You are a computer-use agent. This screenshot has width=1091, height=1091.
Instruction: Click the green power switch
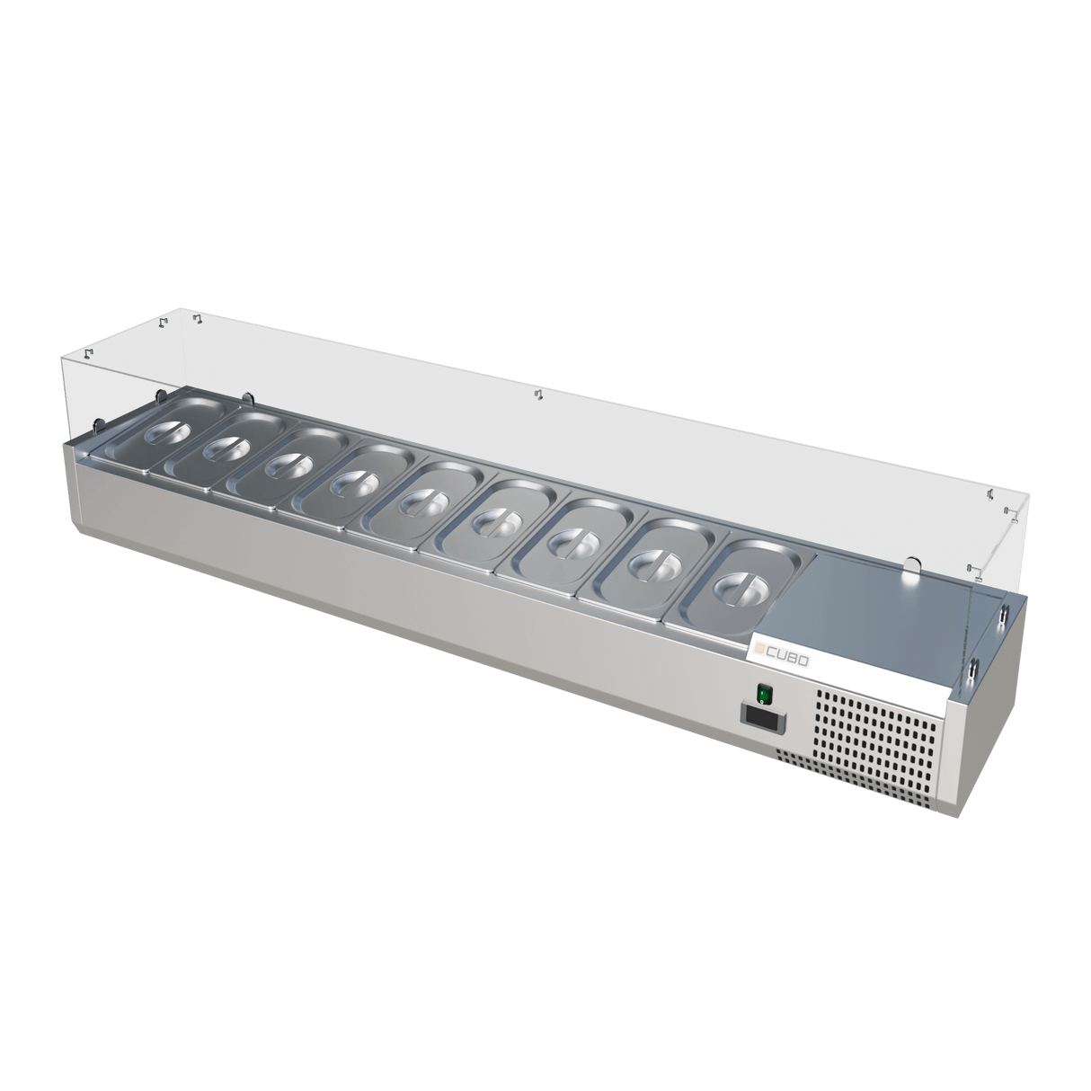coord(765,693)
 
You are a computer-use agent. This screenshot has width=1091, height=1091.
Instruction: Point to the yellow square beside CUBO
coord(758,652)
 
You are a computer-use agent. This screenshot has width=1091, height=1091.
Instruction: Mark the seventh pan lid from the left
coord(566,542)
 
